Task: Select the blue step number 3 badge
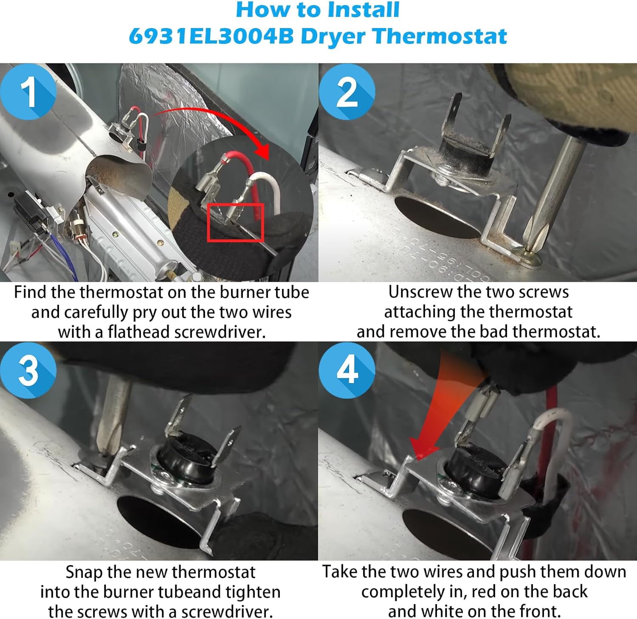click(x=28, y=370)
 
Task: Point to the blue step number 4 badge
click(x=347, y=370)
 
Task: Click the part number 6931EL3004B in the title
click(x=211, y=36)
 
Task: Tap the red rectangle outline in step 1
click(x=236, y=222)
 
